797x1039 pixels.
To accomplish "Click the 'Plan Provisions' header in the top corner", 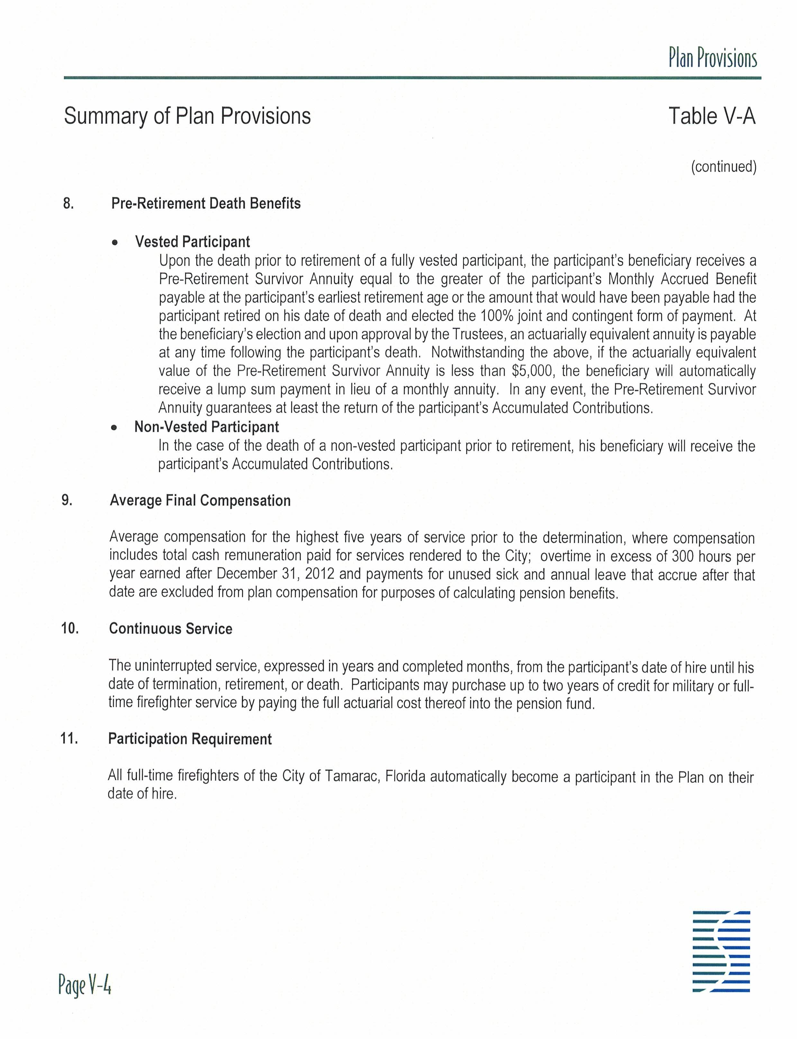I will (712, 59).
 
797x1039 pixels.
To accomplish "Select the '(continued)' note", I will (723, 167).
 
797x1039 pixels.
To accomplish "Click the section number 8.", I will (68, 204).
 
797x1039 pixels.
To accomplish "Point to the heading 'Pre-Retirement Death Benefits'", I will (206, 204).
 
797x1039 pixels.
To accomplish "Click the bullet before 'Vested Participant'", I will (114, 242).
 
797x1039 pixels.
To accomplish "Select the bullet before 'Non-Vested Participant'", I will (114, 427).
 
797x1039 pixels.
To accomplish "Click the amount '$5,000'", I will (534, 371).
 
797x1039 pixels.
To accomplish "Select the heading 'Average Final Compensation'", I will (200, 500).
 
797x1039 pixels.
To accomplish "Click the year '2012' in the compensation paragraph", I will (320, 574).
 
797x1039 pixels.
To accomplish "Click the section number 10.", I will (70, 629).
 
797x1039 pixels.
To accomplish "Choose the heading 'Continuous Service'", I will (171, 629).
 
